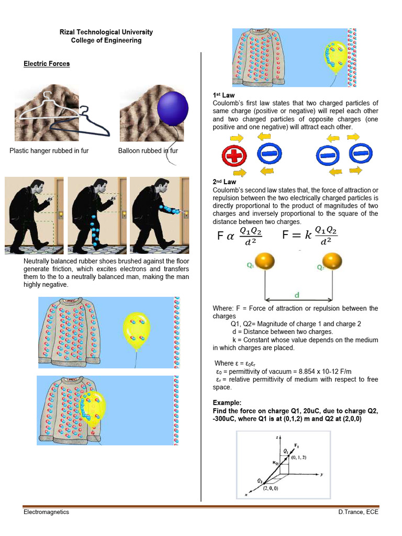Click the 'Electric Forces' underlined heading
pos(47,64)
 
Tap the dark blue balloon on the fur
pos(172,108)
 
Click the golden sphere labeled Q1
pos(264,261)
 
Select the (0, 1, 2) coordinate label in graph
pos(299,457)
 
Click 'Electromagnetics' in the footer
pos(46,512)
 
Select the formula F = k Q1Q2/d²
pos(310,235)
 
